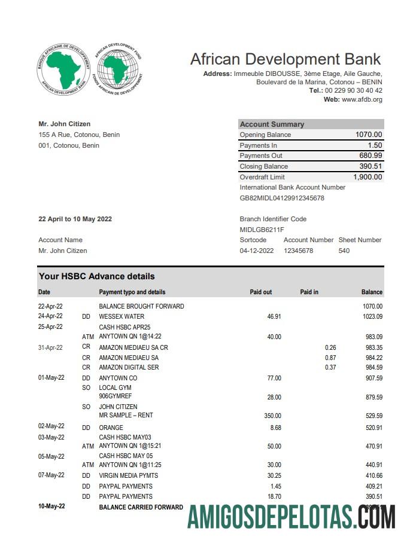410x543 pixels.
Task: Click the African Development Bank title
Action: [285, 59]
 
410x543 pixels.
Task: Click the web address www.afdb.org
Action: [362, 99]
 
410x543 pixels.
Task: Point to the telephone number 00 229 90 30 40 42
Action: [353, 90]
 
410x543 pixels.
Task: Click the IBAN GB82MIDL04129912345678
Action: [282, 198]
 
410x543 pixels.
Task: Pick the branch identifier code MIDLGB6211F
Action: [262, 230]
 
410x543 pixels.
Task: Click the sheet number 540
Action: [344, 251]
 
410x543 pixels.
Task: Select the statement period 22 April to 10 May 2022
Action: [75, 219]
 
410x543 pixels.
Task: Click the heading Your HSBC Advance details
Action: [96, 276]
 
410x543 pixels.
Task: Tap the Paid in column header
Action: [309, 292]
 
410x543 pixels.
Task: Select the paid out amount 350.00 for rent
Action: [272, 416]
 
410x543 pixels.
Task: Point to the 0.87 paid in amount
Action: [330, 358]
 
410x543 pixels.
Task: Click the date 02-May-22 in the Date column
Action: [51, 427]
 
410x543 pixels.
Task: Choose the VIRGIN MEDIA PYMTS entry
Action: [130, 475]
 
